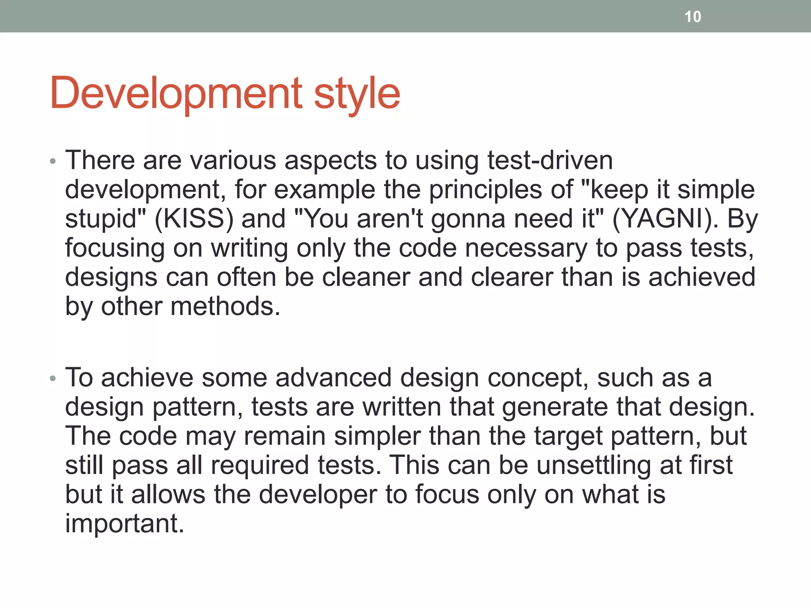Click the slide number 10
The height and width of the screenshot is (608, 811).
click(693, 17)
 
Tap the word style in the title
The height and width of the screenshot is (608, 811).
click(357, 95)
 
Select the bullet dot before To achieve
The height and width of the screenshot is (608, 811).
click(53, 379)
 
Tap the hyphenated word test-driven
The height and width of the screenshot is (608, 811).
click(550, 160)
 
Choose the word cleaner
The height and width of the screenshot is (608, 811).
click(366, 277)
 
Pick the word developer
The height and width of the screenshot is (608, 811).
click(318, 495)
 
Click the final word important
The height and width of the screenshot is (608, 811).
click(124, 524)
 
